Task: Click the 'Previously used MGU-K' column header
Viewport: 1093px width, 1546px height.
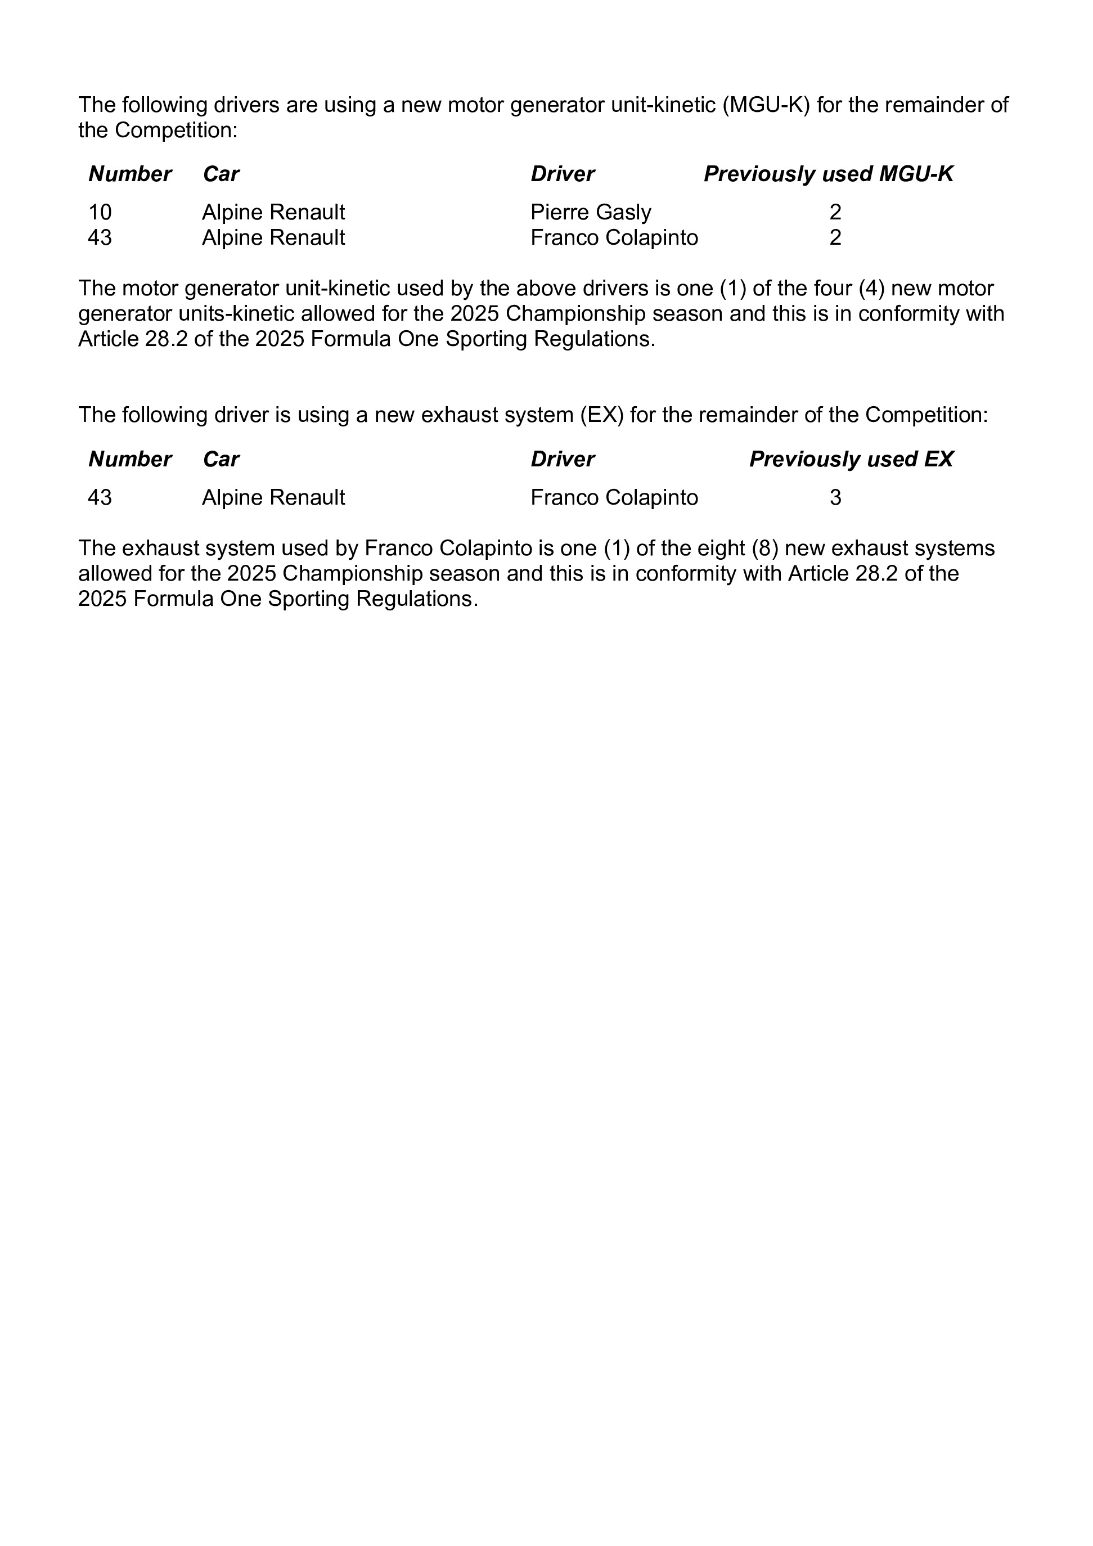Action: (829, 174)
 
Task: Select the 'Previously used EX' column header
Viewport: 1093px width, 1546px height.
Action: (851, 459)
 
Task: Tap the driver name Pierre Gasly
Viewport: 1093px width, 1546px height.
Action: (591, 213)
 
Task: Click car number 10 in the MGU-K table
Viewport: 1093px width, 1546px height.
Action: (100, 213)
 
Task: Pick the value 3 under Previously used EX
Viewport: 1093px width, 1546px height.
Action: (835, 497)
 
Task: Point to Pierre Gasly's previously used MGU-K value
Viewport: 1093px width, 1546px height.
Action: (835, 213)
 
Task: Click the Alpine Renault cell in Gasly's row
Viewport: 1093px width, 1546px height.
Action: (273, 213)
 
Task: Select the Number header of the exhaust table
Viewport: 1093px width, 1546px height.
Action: (130, 459)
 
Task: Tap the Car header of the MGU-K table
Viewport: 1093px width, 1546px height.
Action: (221, 174)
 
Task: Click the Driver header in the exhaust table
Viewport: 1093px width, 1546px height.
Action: (563, 459)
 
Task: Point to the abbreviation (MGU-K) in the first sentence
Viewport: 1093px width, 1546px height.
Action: (765, 105)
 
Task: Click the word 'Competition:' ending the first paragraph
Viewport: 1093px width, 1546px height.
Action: (177, 131)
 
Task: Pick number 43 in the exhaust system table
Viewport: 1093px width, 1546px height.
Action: (100, 497)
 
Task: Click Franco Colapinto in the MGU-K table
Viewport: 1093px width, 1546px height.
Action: (614, 237)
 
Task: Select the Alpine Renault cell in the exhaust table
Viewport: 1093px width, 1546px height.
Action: (273, 497)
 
